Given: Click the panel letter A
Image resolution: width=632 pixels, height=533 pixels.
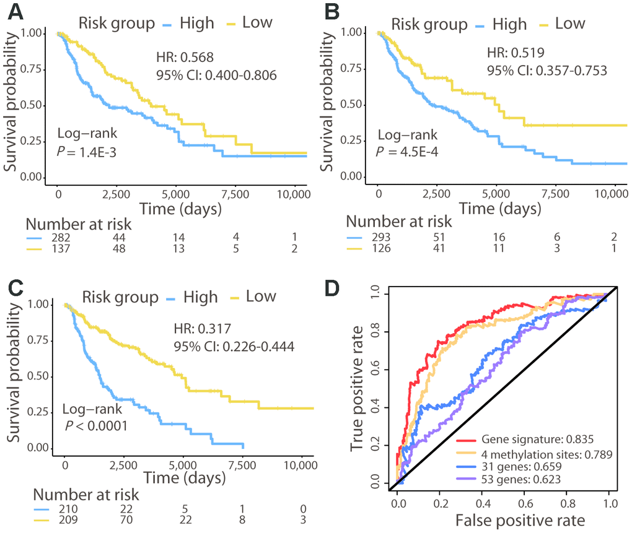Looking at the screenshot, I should coord(13,11).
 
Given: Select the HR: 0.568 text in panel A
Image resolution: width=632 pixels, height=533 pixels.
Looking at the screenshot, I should coord(185,58).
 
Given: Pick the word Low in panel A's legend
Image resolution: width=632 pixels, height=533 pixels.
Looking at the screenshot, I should coord(257,23).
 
